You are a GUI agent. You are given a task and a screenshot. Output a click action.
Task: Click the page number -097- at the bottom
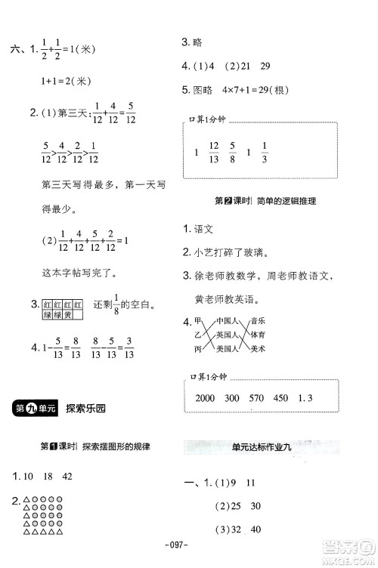(188, 545)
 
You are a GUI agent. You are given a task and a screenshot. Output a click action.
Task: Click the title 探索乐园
(86, 409)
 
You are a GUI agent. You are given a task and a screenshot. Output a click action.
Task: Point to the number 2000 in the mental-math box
(206, 397)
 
